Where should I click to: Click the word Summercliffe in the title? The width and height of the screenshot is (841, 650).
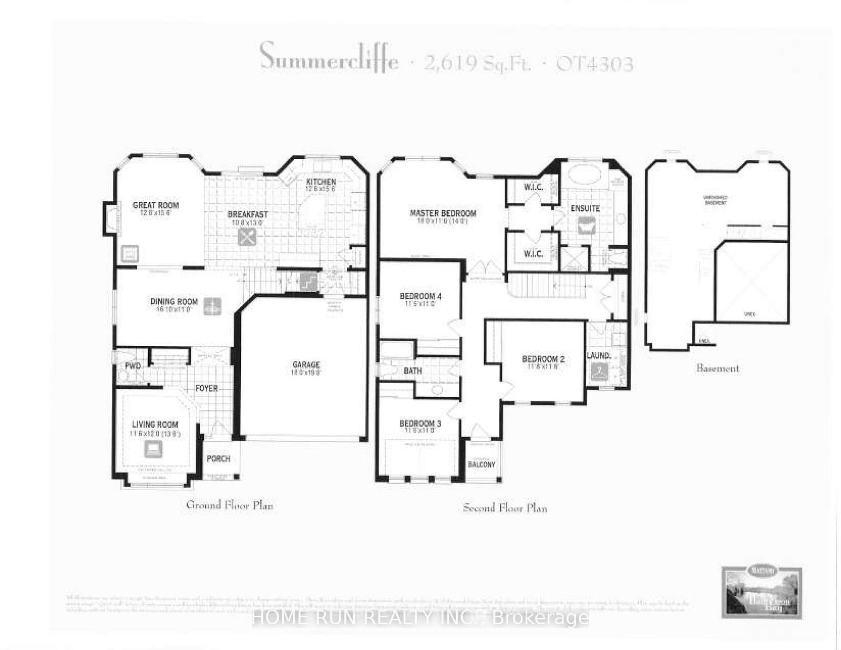point(329,57)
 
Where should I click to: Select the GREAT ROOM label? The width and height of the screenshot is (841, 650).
point(156,205)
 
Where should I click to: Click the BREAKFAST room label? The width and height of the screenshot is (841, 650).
point(248,214)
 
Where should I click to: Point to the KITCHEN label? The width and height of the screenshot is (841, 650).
point(321,182)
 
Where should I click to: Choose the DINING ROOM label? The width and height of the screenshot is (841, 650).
point(174,302)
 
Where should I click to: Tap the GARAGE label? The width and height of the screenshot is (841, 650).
point(306,365)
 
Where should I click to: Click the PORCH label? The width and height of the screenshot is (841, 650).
point(218,459)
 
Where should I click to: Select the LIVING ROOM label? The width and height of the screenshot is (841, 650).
point(155,425)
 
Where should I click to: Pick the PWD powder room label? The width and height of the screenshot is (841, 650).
point(132,366)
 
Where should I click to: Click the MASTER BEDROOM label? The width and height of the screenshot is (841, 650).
point(443,213)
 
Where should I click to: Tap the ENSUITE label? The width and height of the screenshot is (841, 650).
point(585,209)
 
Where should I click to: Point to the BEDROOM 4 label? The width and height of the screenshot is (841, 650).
point(420,296)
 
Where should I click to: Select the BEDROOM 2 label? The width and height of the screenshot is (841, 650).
point(543,359)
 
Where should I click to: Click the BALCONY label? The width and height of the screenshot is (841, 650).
point(481,465)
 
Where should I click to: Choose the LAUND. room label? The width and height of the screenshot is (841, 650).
point(599,356)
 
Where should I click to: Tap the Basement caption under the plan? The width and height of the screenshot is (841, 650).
point(717,368)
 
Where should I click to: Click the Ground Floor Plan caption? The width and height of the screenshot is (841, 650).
point(230,505)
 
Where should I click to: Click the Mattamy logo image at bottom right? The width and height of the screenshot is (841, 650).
point(761,592)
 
